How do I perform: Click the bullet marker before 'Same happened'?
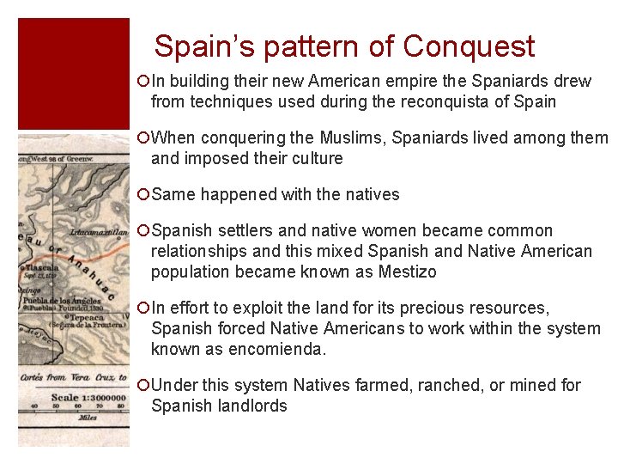click(x=142, y=195)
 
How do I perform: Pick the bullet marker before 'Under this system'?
click(x=142, y=386)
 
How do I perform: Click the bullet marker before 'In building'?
click(x=142, y=82)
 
